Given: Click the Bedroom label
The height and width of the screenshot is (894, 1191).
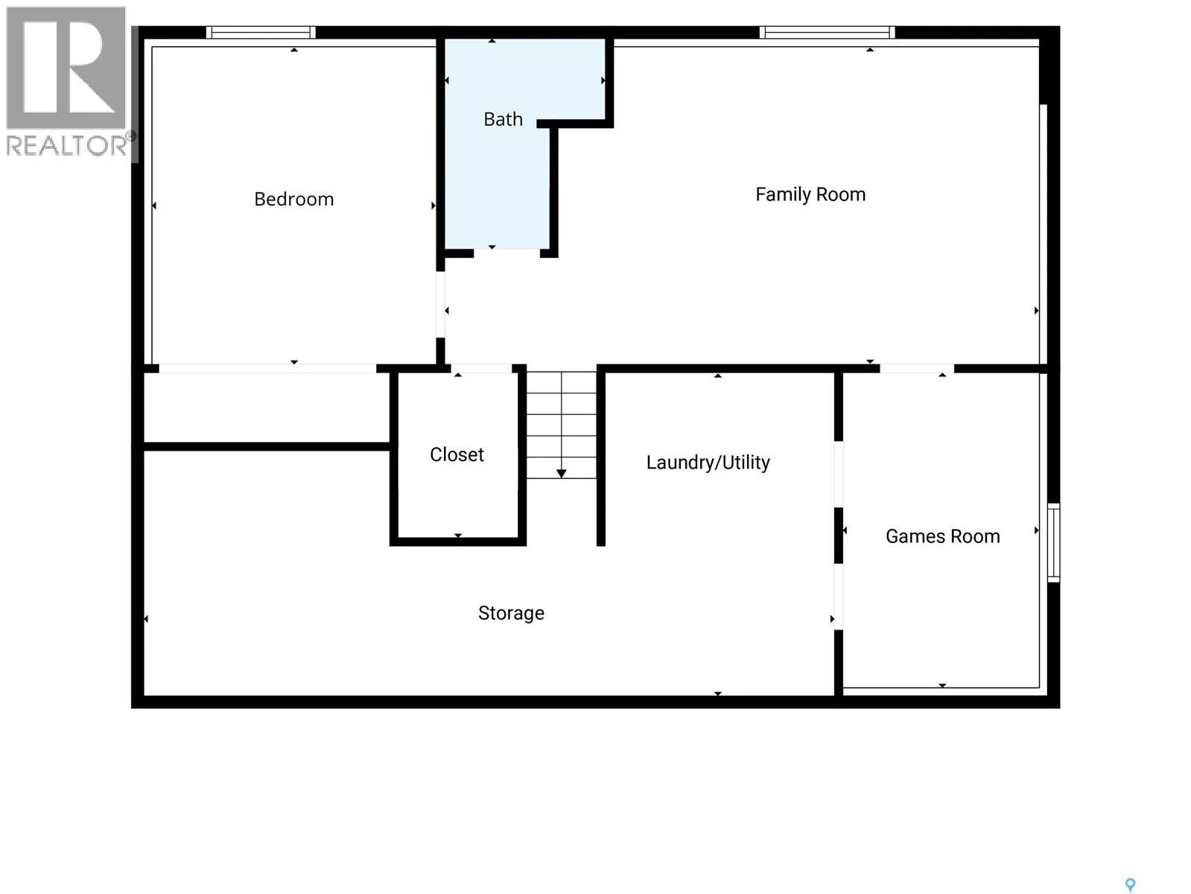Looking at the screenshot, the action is coord(293,199).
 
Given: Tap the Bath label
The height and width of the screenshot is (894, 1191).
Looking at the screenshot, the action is coord(503,118).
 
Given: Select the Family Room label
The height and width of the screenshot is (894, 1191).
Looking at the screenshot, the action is coord(810,194).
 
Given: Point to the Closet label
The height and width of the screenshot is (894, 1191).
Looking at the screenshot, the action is coord(457,454).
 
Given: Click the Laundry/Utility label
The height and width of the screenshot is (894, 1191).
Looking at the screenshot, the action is coord(708,462).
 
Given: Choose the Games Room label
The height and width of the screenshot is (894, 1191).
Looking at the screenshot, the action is coord(942,536).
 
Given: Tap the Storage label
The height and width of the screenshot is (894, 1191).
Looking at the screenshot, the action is coord(511,613).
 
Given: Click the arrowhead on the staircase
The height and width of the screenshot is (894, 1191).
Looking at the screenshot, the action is coord(561,474).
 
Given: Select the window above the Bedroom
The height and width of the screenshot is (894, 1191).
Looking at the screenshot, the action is coord(261,33).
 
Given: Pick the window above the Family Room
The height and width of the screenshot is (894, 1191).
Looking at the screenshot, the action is coord(827,33).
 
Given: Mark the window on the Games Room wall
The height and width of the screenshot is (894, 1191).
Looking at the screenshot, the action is coord(1053,542).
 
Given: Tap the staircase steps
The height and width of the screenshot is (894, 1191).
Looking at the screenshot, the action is coord(561,425).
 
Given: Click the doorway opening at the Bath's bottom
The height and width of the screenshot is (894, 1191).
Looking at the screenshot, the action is coord(506,253).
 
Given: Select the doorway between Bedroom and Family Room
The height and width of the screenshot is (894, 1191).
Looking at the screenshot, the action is coord(441,304).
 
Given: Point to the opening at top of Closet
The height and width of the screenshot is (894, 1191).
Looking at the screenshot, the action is coord(481,368).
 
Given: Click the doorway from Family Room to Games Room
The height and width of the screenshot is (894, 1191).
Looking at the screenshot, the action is coord(917,368).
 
